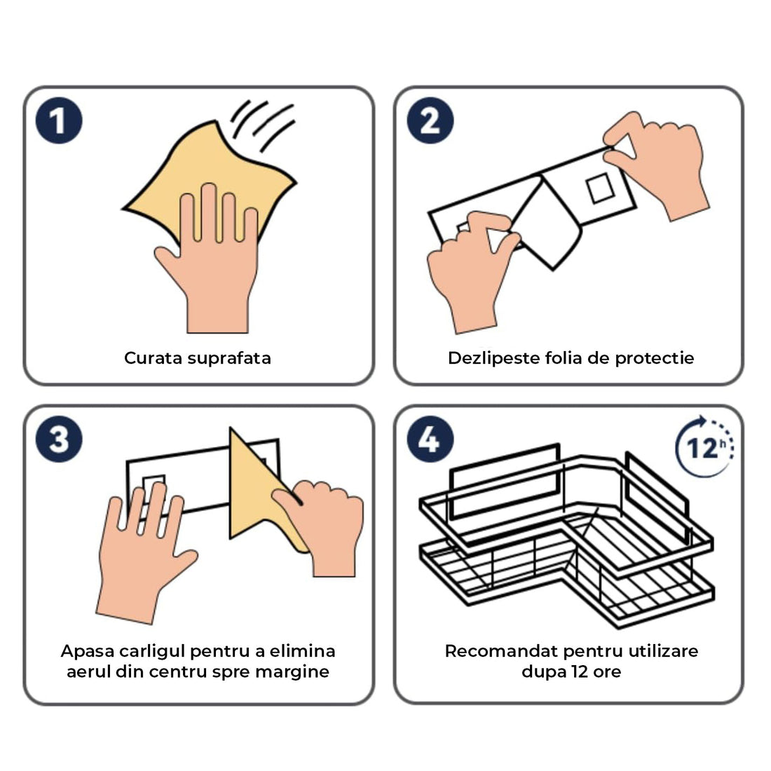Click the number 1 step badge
click(x=59, y=121)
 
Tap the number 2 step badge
click(x=430, y=121)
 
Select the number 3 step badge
click(x=59, y=439)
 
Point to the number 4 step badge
click(x=430, y=439)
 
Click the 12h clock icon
click(x=704, y=447)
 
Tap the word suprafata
click(x=228, y=358)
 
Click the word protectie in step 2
click(x=655, y=358)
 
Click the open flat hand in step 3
click(x=140, y=554)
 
